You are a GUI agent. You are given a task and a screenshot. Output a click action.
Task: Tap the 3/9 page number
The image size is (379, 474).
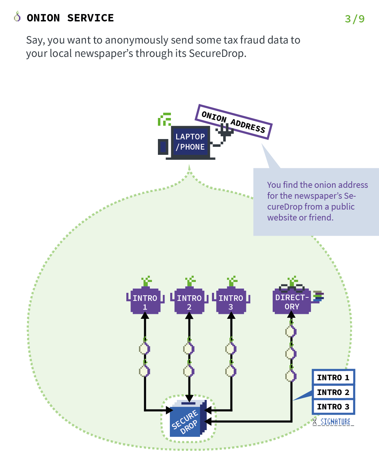click(354, 19)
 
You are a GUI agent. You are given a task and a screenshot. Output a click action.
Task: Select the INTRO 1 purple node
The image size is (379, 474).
click(145, 302)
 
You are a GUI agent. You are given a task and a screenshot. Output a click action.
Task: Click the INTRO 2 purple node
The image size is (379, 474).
click(189, 302)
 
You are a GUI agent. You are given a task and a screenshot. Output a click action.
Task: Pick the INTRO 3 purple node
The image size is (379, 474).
click(231, 302)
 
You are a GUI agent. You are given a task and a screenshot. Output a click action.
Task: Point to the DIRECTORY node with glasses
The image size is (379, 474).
click(292, 301)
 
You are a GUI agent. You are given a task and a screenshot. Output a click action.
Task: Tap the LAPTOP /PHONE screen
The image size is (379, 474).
click(190, 142)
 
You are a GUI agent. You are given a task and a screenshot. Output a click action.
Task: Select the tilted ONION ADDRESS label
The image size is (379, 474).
click(233, 121)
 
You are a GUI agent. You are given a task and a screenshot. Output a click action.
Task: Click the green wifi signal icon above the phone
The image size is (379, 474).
click(165, 119)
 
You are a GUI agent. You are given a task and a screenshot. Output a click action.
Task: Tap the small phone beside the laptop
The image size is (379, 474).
click(163, 147)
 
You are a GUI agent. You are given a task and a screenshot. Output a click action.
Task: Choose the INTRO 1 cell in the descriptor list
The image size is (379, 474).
click(333, 377)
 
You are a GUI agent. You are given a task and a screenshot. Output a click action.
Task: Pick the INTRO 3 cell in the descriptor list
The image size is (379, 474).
click(333, 407)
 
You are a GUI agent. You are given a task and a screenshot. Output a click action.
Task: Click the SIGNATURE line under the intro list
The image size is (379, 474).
click(333, 422)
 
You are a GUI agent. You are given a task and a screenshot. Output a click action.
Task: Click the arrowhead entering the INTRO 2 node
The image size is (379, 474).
click(189, 316)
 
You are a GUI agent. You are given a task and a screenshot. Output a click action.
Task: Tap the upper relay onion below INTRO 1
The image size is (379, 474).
click(145, 348)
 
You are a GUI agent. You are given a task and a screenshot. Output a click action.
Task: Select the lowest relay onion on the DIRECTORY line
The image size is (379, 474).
click(291, 375)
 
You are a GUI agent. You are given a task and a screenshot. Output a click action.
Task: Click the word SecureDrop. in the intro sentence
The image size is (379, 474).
click(218, 53)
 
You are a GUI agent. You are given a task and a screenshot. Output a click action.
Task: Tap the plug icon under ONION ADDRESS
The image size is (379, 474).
click(225, 133)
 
